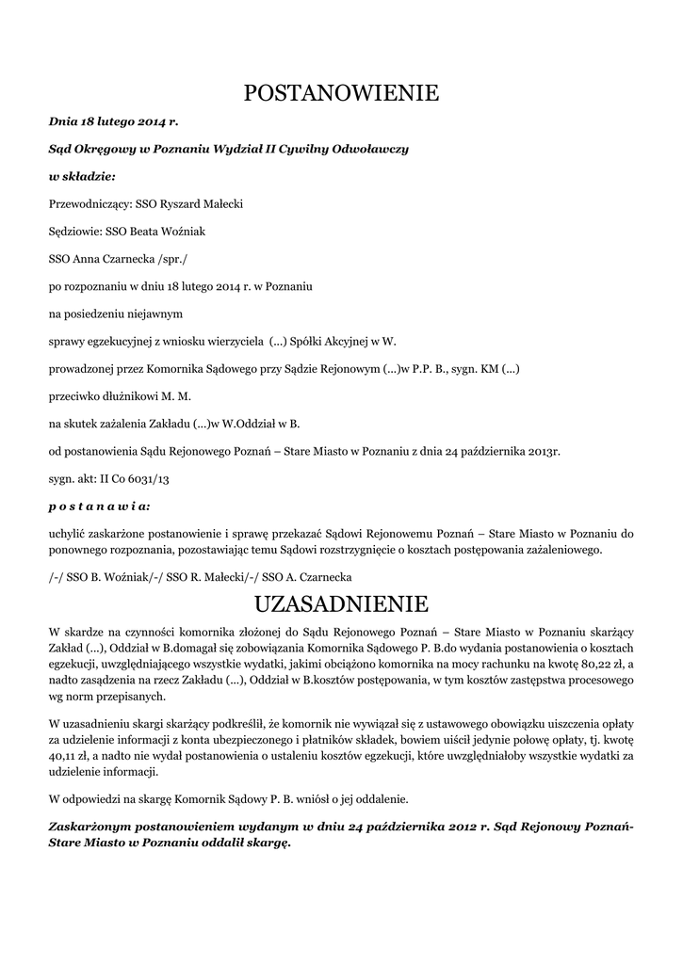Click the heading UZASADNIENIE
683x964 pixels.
[x=341, y=602]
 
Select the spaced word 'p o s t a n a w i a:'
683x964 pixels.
[x=99, y=505]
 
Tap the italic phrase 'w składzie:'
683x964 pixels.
[x=82, y=176]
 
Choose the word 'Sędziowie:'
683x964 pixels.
[x=75, y=231]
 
